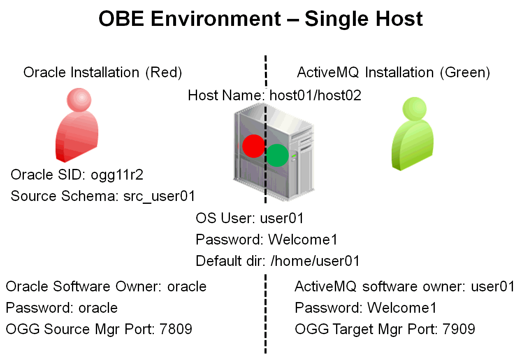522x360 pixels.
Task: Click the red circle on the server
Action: [253, 146]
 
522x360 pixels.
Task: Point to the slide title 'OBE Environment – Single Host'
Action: [261, 19]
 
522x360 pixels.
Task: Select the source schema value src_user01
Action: [159, 196]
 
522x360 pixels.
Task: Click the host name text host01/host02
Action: [315, 95]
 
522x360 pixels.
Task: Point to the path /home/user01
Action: [315, 261]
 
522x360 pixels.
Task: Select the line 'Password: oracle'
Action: [62, 308]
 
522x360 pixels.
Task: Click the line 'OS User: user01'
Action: [250, 218]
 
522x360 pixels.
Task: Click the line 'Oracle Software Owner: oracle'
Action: [106, 286]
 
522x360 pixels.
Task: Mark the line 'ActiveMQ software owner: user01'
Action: [404, 286]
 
